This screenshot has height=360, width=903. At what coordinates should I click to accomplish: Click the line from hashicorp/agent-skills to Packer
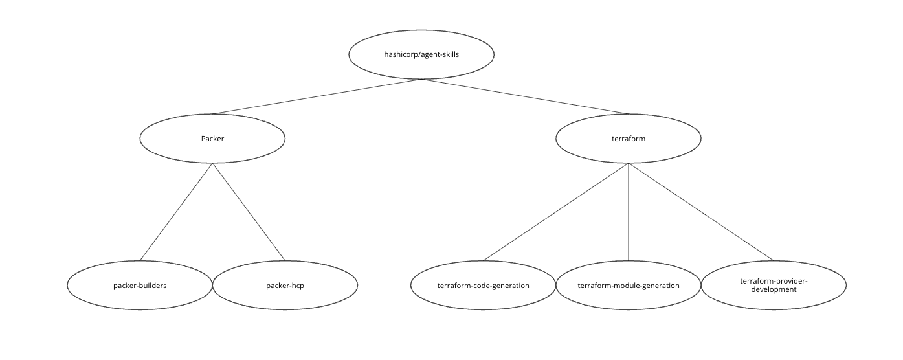(x=317, y=96)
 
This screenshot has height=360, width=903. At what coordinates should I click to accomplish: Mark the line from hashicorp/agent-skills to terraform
(x=525, y=96)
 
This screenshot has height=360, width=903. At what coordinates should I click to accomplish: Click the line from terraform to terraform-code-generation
(x=555, y=212)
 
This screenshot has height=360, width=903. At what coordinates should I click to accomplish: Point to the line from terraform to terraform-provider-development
(x=701, y=212)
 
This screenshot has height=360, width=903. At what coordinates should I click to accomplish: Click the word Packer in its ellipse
(x=212, y=139)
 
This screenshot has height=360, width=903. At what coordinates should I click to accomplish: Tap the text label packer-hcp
(x=285, y=285)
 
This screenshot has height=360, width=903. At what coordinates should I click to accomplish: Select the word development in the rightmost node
(x=774, y=289)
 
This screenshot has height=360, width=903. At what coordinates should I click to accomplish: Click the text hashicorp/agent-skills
(x=421, y=55)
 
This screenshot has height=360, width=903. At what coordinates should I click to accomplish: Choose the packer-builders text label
(x=140, y=285)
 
